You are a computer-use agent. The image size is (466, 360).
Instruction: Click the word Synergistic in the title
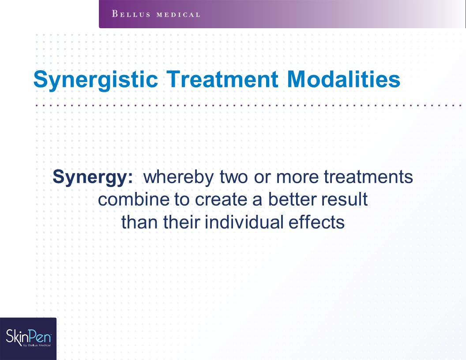pyautogui.click(x=95, y=79)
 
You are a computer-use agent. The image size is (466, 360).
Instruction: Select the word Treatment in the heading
pyautogui.click(x=222, y=79)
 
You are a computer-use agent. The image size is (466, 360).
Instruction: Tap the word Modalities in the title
pyautogui.click(x=344, y=79)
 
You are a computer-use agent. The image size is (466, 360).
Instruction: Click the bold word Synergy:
pyautogui.click(x=93, y=178)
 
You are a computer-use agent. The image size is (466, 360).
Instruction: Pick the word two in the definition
pyautogui.click(x=233, y=177)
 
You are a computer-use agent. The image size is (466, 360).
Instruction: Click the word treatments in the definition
pyautogui.click(x=368, y=177)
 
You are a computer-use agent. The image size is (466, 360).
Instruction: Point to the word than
pyautogui.click(x=139, y=222)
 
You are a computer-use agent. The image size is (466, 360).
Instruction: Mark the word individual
pyautogui.click(x=244, y=222)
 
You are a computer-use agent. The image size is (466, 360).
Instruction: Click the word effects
pyautogui.click(x=316, y=222)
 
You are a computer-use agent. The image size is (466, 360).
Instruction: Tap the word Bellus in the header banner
pyautogui.click(x=131, y=14)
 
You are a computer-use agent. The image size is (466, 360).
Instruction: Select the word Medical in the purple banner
pyautogui.click(x=178, y=15)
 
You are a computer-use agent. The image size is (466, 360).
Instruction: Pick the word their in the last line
pyautogui.click(x=181, y=222)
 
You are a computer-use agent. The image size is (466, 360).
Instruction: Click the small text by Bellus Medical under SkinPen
pyautogui.click(x=37, y=345)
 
